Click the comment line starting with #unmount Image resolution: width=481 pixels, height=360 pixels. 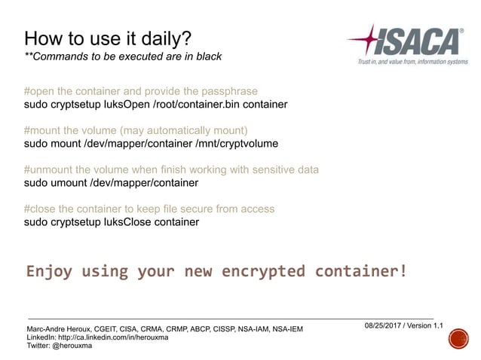pos(171,169)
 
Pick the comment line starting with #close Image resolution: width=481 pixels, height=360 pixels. pos(149,209)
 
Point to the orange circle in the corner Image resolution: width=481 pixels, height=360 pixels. pos(457,342)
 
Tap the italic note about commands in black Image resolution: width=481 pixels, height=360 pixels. pos(123,57)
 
